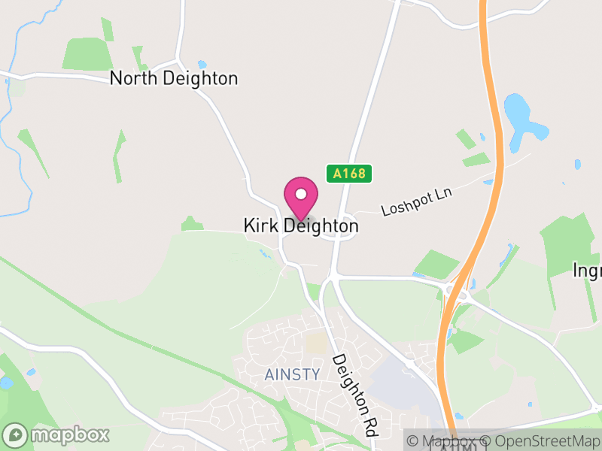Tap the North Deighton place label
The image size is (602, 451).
174,78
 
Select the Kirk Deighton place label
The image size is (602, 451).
301,225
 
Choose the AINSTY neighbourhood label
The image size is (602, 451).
293,374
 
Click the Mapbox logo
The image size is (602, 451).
56,434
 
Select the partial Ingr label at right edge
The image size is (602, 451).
587,271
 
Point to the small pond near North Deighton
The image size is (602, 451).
202,65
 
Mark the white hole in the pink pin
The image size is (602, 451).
301,192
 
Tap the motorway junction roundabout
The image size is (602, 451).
458,289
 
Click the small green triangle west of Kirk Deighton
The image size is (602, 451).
192,223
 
